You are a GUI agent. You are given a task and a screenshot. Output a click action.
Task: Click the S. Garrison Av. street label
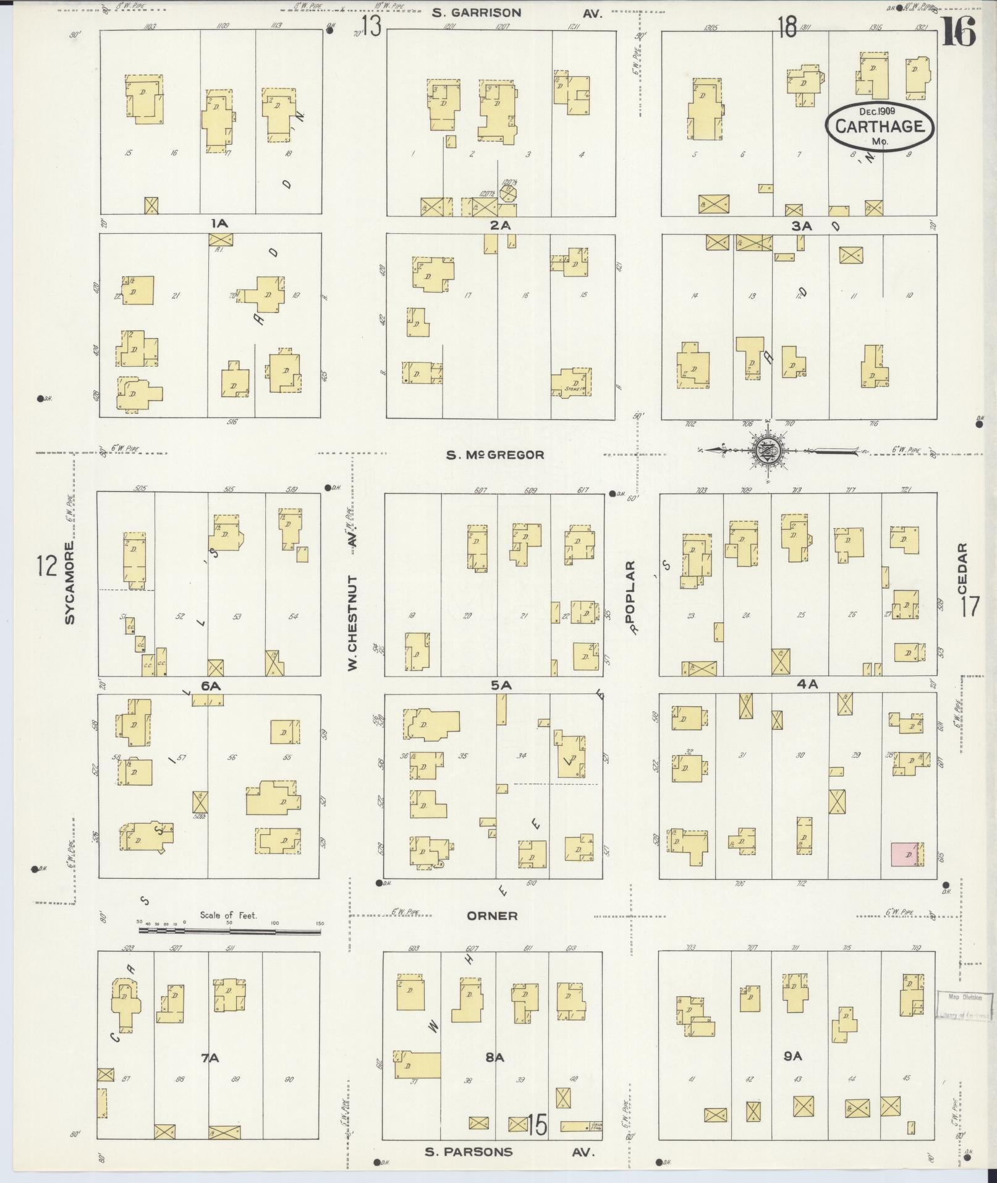pos(517,12)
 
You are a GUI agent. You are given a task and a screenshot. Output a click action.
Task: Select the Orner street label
pos(492,916)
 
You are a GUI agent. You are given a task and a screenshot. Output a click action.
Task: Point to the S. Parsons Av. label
pos(509,1152)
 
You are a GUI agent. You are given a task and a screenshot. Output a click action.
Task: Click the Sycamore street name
pos(69,583)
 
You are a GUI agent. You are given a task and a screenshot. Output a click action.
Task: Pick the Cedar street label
pos(962,569)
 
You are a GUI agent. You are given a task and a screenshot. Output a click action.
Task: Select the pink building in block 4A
pos(904,854)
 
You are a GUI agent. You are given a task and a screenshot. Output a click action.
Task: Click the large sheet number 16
pos(958,31)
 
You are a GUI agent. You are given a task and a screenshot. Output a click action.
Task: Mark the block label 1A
pos(220,223)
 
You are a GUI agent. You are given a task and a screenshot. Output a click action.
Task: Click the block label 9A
pos(792,1056)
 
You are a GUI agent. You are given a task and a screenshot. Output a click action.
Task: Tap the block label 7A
pos(210,1058)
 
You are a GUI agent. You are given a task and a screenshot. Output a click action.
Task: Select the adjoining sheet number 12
pos(46,566)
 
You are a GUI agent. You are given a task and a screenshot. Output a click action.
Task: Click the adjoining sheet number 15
pos(538,1125)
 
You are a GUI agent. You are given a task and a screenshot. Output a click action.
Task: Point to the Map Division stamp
pos(962,1005)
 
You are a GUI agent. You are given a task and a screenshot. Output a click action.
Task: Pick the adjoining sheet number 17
pos(970,606)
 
